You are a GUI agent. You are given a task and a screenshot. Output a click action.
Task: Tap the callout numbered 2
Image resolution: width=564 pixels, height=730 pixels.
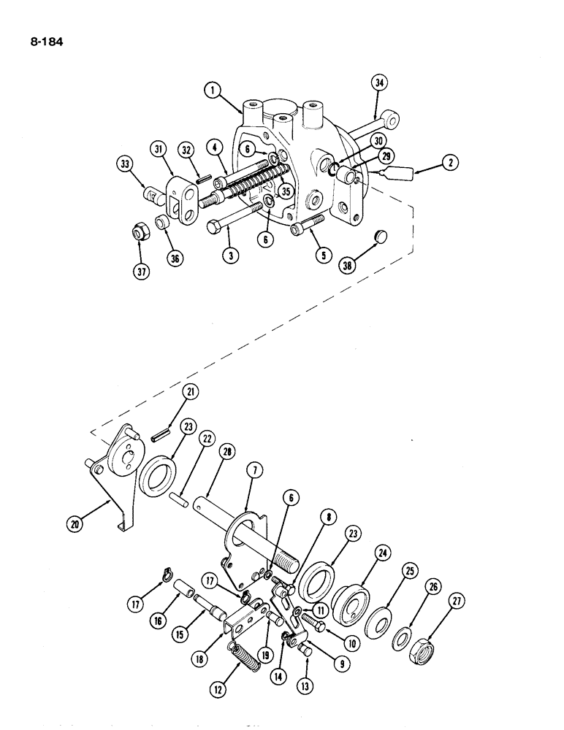(x=451, y=164)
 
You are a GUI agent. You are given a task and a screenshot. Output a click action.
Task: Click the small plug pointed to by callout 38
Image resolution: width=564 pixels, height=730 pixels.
(x=379, y=236)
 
